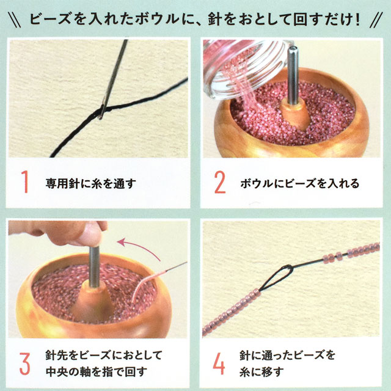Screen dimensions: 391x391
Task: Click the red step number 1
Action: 25,182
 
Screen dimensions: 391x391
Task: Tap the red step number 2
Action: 220,182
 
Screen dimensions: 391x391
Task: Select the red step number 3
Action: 24,364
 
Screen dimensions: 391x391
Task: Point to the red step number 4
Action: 219,364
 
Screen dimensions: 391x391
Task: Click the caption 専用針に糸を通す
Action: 91,183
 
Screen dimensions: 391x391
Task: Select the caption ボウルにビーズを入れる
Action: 300,183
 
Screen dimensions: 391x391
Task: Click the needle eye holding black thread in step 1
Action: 102,111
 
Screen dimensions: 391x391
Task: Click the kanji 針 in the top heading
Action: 215,19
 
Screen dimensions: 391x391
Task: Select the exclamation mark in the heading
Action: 357,19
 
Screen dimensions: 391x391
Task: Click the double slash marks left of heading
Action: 14,20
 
